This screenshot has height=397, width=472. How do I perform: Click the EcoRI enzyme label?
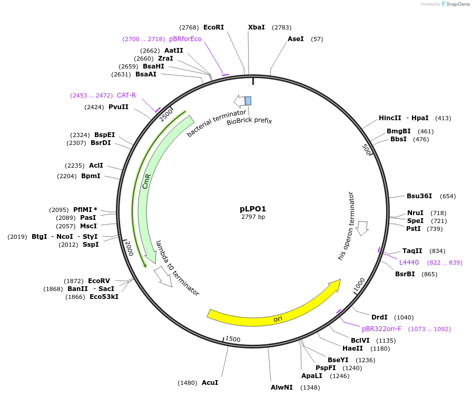(x=213, y=27)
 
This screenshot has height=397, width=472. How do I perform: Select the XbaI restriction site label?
(x=257, y=27)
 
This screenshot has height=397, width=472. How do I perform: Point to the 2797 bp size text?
(x=253, y=217)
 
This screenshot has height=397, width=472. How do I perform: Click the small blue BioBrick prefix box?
(x=248, y=101)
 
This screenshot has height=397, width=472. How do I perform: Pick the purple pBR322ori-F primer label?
(x=381, y=328)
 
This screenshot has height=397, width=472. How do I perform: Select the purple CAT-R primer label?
(x=126, y=95)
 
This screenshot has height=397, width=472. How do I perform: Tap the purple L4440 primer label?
(x=409, y=262)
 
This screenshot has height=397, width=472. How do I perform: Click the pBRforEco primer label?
(x=185, y=39)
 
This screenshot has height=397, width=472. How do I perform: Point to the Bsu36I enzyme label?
(x=419, y=196)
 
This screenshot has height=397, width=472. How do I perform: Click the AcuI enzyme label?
(x=210, y=382)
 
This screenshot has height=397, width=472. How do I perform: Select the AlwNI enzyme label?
(x=282, y=388)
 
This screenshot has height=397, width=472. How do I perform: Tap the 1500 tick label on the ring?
(x=232, y=339)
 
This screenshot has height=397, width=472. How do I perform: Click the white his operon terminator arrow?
(x=362, y=227)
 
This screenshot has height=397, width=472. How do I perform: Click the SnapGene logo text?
(x=456, y=4)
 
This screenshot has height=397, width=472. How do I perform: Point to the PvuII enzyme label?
(x=119, y=107)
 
